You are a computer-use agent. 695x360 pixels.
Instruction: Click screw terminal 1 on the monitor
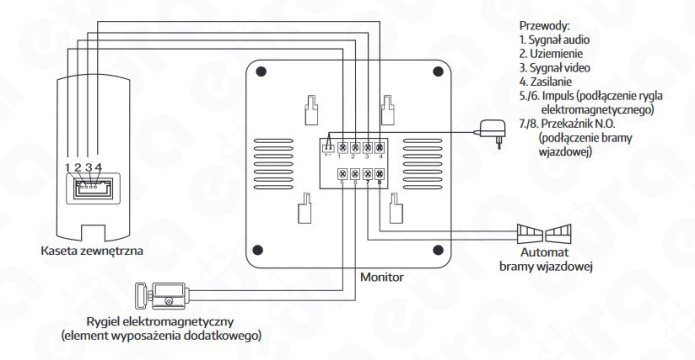click(x=343, y=148)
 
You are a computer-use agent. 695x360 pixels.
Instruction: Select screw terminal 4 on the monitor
click(x=379, y=148)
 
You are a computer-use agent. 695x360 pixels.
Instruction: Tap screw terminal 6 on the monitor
click(x=355, y=173)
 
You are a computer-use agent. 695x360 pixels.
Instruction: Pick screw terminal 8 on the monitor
click(x=379, y=173)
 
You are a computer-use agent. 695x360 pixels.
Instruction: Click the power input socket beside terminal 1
click(x=328, y=148)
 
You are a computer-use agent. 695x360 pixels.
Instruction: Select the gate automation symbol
click(x=544, y=234)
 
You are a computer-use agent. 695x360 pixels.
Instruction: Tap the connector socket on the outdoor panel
click(x=93, y=188)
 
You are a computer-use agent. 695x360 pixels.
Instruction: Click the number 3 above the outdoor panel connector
click(x=89, y=167)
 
